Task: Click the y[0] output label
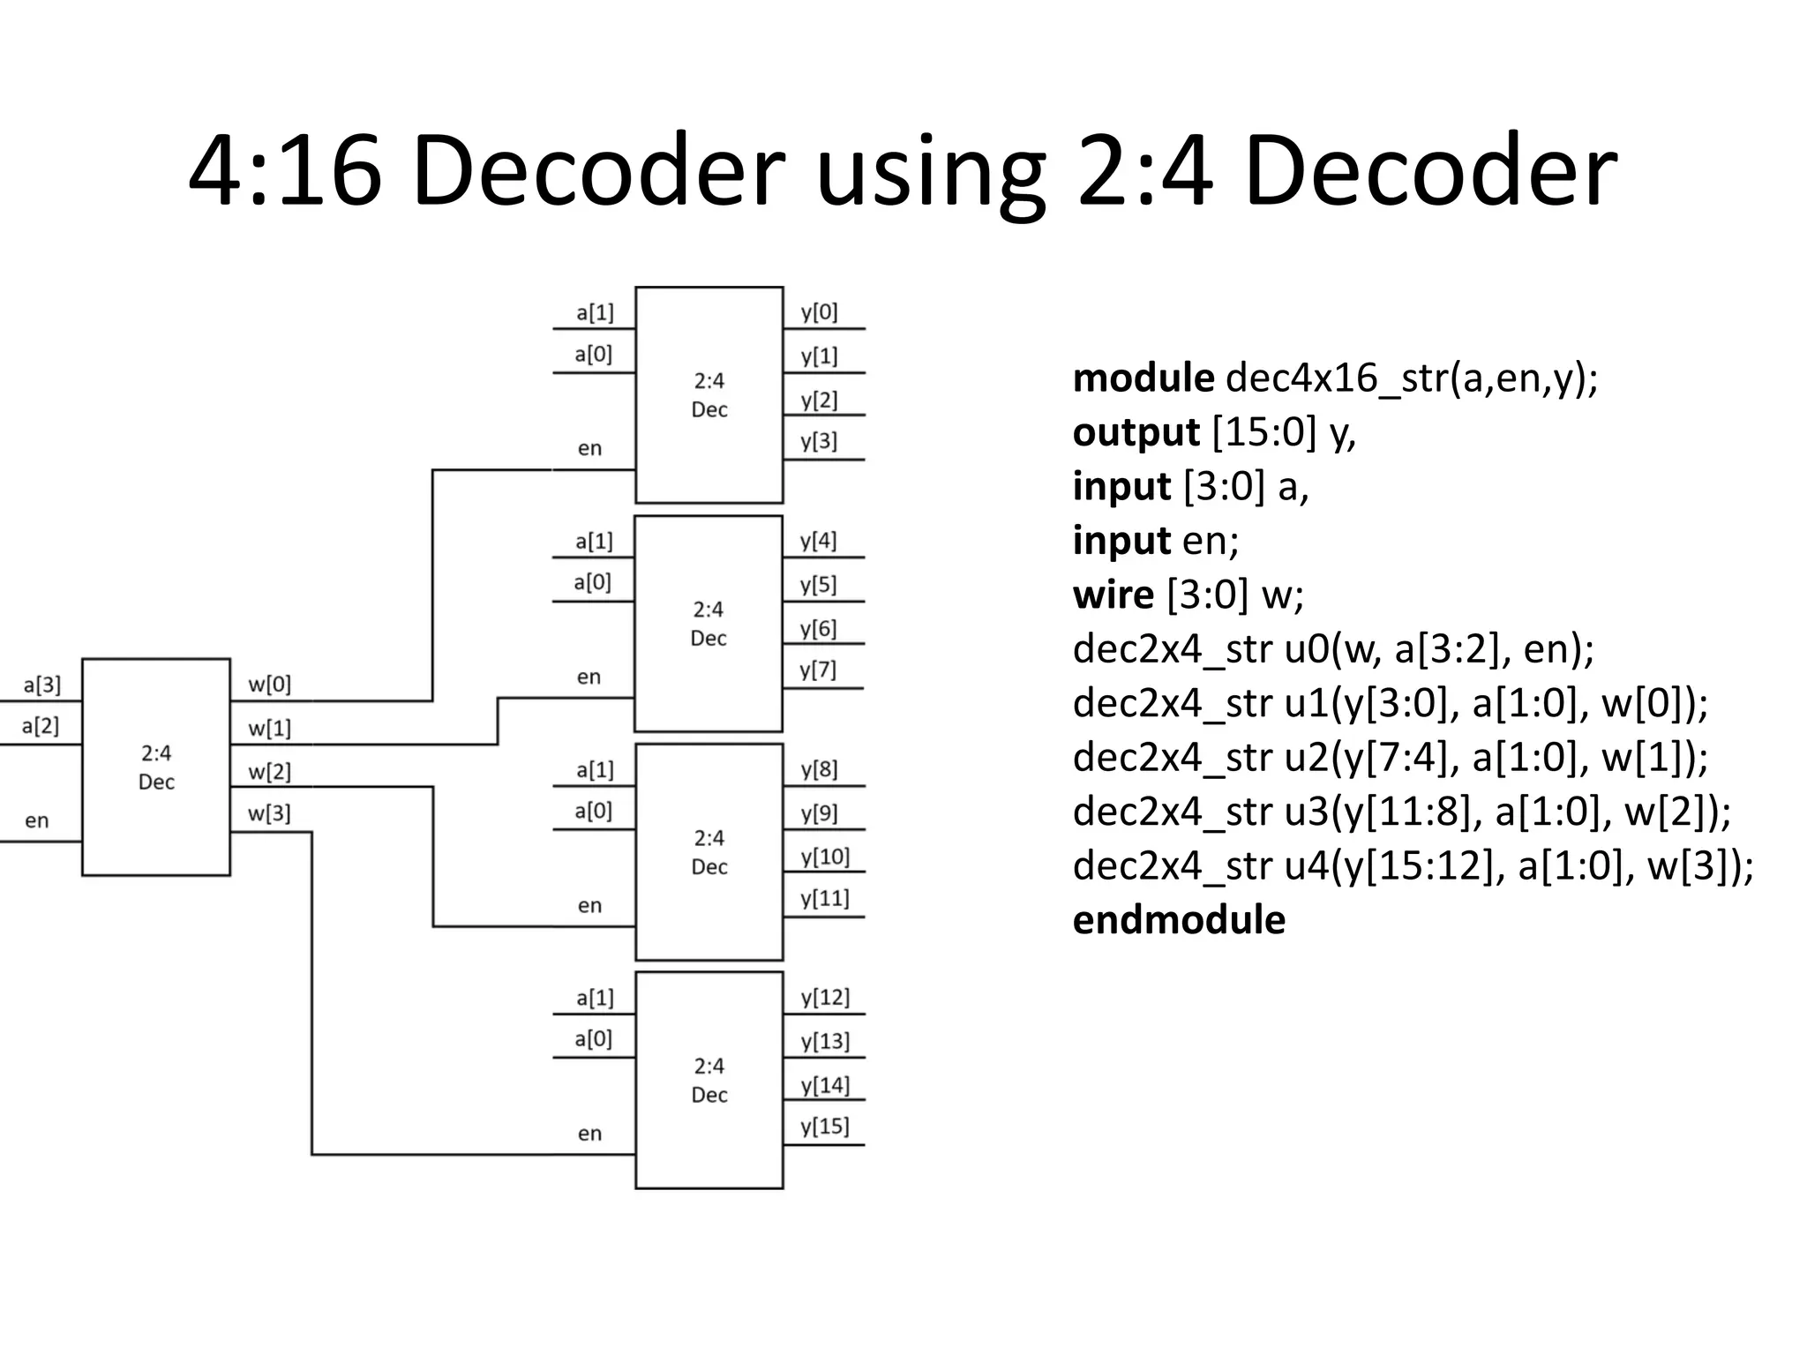[819, 312]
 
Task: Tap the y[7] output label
[818, 670]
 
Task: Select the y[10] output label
[825, 857]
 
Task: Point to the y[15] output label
[825, 1127]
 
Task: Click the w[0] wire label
[269, 685]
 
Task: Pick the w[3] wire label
[269, 813]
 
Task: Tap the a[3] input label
[41, 685]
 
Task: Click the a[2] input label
[41, 727]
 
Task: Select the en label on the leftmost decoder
[36, 821]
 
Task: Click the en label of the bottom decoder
[589, 1134]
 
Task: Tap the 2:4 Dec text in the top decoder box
[709, 395]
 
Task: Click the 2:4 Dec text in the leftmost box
[156, 767]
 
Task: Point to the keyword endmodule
[1178, 920]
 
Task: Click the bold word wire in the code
[1113, 595]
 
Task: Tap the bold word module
[1143, 378]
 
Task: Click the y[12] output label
[825, 998]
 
